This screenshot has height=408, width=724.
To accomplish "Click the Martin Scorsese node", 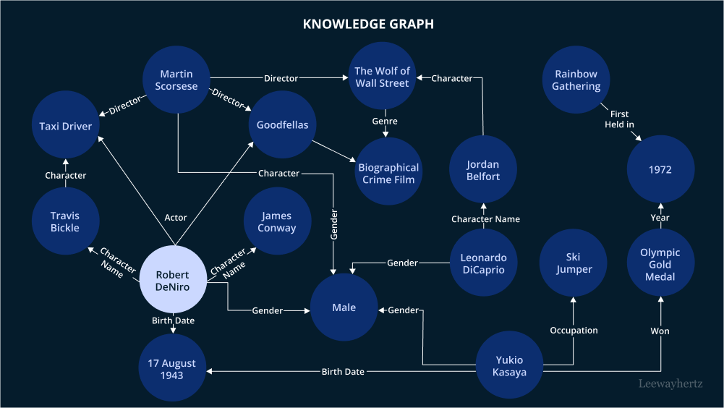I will pos(176,80).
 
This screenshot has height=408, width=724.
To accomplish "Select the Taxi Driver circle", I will pos(66,127).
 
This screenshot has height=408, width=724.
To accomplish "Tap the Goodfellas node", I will pos(282,125).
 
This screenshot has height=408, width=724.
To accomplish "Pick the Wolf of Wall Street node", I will pos(382,77).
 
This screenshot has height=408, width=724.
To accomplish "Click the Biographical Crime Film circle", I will pos(388,174).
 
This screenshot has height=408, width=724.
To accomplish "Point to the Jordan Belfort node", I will pos(483,171).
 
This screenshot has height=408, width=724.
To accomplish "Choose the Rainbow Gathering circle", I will pos(576,80).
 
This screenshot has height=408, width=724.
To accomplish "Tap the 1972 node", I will pos(660,170).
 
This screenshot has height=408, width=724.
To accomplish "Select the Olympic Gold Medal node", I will pos(660,265).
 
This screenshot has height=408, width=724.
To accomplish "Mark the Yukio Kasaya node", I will pos(509,366).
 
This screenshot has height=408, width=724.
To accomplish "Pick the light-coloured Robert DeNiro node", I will pos(172,281).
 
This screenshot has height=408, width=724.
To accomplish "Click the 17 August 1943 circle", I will pos(172,369).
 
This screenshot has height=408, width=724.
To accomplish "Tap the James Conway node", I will pos(277,221).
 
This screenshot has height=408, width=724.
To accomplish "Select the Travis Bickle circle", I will pos(65,222).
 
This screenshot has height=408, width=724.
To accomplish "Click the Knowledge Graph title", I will pos(368,24).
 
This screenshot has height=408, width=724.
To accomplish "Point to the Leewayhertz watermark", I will pos(670,384).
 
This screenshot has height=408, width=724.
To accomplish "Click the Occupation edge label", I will pos(574,331).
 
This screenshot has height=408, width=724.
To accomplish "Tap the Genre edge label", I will pos(386,122).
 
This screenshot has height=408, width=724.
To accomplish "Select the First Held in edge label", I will pos(619,119).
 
